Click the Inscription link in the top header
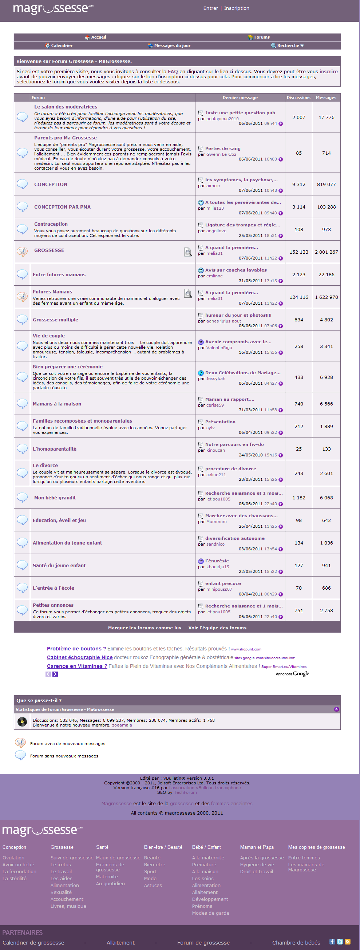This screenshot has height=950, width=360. tap(237, 8)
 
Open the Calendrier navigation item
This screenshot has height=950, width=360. tap(61, 46)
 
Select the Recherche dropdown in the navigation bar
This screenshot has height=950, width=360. tap(288, 46)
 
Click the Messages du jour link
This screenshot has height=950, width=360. tap(172, 46)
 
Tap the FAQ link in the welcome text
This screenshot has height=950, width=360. tap(173, 72)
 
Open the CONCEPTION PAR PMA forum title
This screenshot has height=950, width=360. tap(62, 207)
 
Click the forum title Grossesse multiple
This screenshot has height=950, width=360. tap(55, 320)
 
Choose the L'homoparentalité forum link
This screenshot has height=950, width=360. tap(55, 449)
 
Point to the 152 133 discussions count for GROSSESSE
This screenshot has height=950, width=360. tap(299, 252)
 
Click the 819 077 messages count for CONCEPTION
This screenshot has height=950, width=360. tap(327, 185)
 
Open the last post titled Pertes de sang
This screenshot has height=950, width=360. tap(223, 149)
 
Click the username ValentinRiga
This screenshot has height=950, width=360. tap(219, 348)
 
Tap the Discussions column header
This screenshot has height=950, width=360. tap(298, 98)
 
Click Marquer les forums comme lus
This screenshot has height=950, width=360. tap(145, 628)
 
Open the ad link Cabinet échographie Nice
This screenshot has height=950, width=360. tap(80, 657)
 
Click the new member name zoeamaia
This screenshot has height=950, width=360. tap(122, 725)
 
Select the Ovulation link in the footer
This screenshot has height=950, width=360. tap(13, 858)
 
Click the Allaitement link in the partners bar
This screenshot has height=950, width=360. tap(120, 943)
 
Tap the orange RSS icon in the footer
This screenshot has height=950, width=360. tap(348, 942)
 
